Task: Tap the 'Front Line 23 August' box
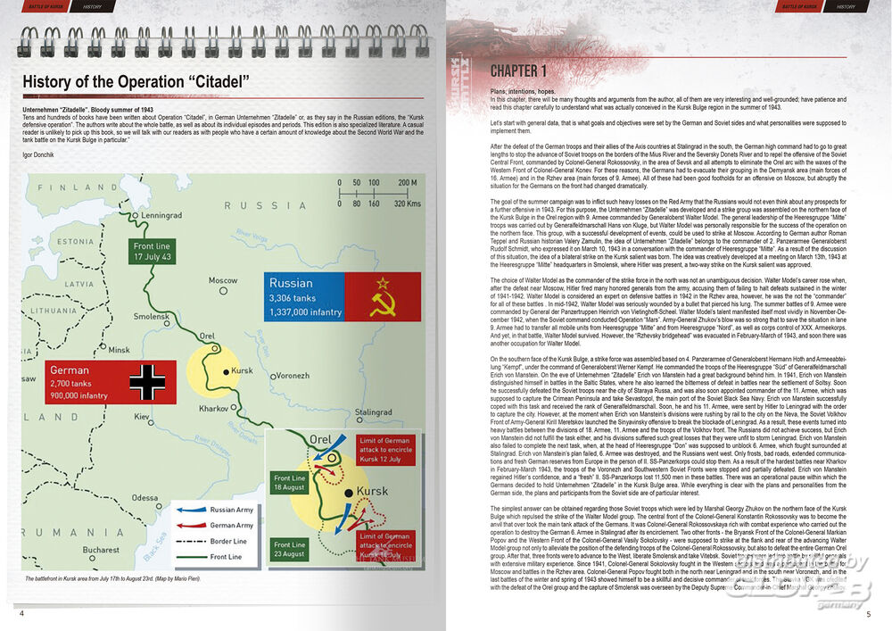tap(289, 549)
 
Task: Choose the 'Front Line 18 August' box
tap(289, 483)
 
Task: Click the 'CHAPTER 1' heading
tap(517, 71)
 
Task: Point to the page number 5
tap(868, 614)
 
